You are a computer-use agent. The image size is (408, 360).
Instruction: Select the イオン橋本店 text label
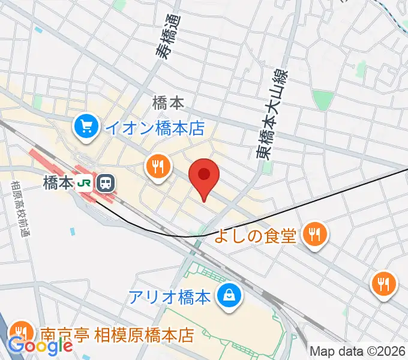pyautogui.click(x=154, y=128)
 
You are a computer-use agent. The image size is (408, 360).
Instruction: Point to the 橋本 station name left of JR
pyautogui.click(x=58, y=182)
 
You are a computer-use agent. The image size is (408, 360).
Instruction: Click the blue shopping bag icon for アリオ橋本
pyautogui.click(x=229, y=295)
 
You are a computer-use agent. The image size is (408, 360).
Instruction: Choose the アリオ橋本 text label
pyautogui.click(x=169, y=296)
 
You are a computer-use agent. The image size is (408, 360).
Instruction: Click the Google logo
pyautogui.click(x=40, y=346)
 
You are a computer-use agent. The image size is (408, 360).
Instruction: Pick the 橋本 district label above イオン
pyautogui.click(x=168, y=103)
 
